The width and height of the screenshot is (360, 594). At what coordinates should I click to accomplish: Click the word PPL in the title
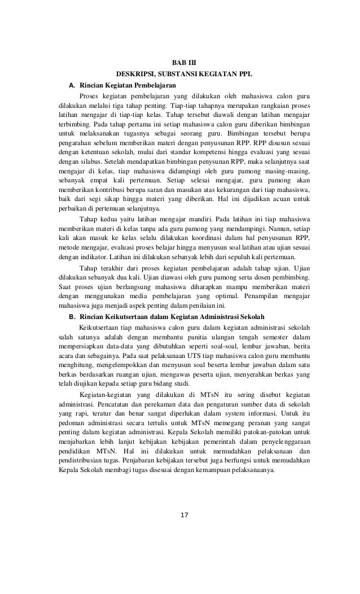pyautogui.click(x=243, y=73)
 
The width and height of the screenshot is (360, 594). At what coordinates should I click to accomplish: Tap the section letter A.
pyautogui.click(x=71, y=85)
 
